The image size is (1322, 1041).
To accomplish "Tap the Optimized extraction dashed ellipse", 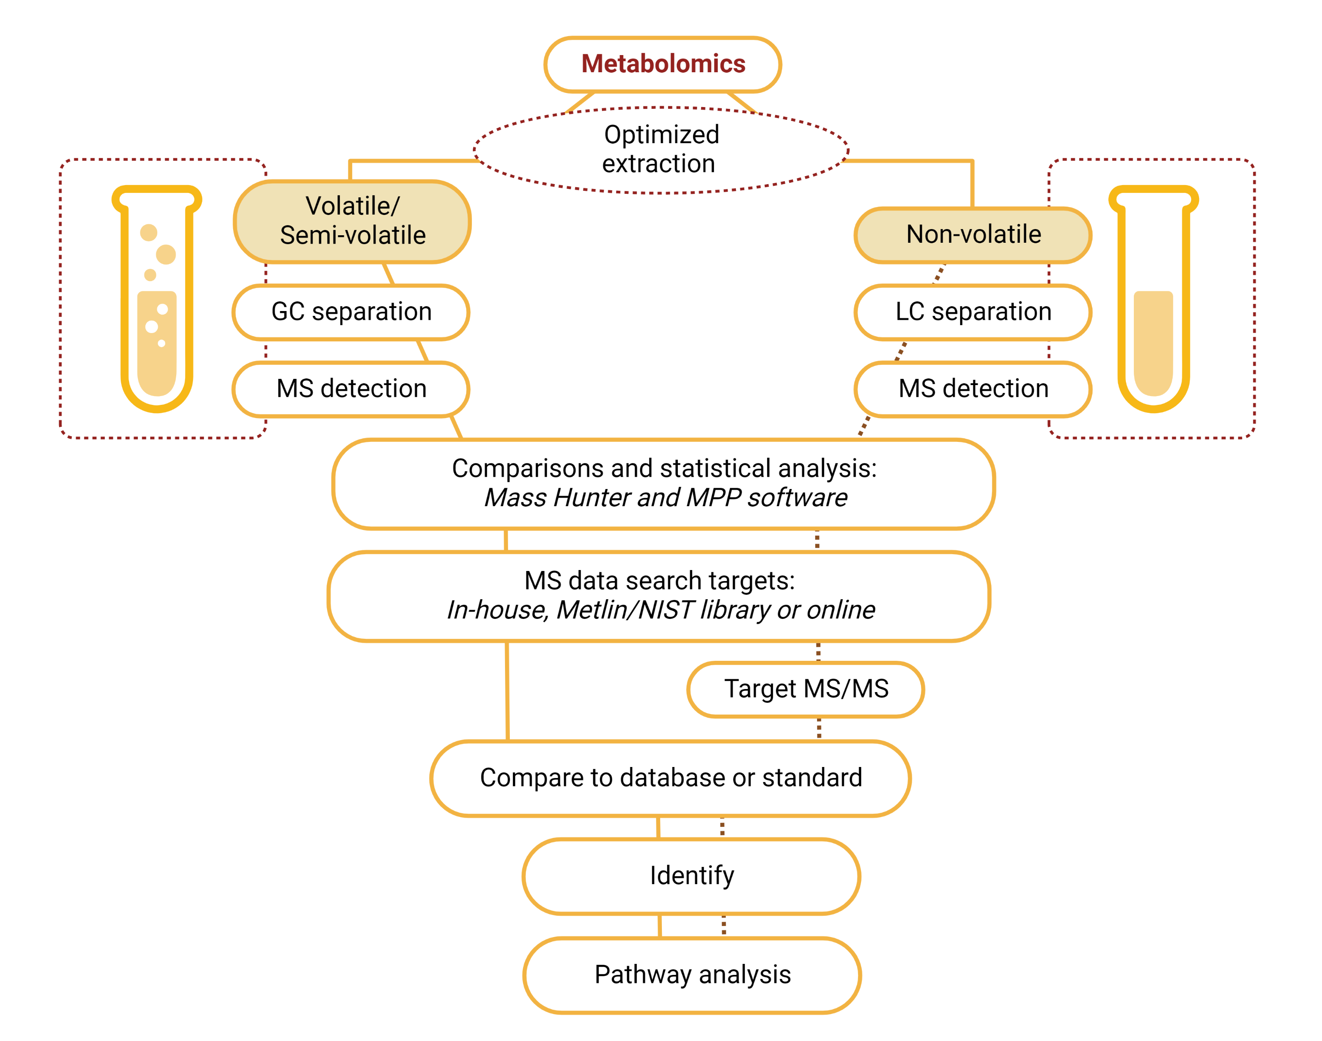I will [661, 150].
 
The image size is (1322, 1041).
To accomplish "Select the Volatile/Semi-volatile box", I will [352, 221].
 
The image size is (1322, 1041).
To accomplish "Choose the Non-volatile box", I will [972, 235].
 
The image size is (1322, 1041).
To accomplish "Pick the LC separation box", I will [972, 311].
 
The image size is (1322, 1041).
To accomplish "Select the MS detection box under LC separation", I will [972, 389].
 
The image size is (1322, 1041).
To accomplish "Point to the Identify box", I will [691, 876].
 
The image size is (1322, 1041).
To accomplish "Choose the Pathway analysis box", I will [692, 974].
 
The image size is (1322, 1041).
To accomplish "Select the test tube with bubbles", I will [156, 299].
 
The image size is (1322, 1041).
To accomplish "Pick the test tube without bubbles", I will [1153, 299].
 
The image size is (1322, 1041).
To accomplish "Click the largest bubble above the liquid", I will [166, 254].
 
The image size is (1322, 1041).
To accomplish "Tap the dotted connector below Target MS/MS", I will [819, 728].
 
